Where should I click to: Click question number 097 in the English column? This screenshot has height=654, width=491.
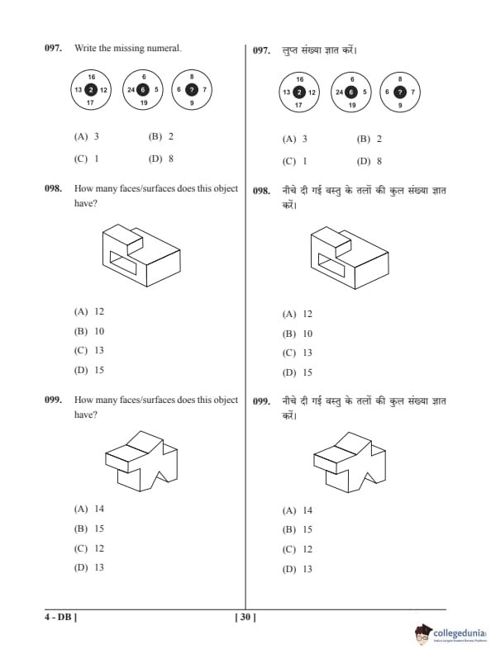(x=54, y=48)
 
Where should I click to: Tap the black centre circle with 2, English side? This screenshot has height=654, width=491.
(x=91, y=90)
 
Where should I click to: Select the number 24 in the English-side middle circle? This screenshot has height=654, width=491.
(x=131, y=90)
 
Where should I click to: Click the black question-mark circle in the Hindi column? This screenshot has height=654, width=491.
(x=400, y=92)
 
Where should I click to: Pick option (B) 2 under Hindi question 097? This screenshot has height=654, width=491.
(x=369, y=139)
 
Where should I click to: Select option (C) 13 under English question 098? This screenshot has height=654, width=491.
(x=89, y=350)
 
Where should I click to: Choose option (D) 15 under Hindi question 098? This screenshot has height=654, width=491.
(x=298, y=372)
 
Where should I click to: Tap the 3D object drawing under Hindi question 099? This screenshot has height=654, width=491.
(x=350, y=462)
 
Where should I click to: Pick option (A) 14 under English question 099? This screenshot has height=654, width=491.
(x=89, y=509)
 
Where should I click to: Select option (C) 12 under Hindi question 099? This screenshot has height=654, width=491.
(x=298, y=549)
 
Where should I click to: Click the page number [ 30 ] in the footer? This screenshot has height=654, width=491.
(x=245, y=617)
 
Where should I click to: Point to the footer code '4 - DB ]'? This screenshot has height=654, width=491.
(x=61, y=617)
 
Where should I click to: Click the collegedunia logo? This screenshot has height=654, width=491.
(x=451, y=633)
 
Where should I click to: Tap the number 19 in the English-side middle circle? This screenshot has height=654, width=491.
(x=144, y=102)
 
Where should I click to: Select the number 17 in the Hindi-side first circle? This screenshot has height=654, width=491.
(x=298, y=105)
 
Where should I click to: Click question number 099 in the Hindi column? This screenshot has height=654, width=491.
(x=262, y=401)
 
